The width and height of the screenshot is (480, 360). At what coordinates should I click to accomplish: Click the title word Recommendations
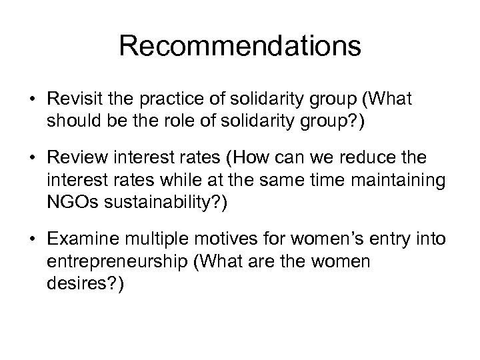[240, 47]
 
